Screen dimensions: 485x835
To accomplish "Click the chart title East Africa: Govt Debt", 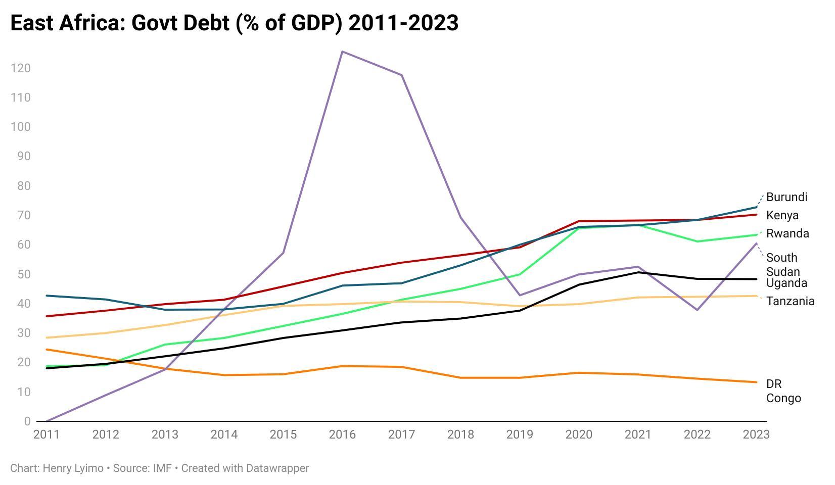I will (x=234, y=23).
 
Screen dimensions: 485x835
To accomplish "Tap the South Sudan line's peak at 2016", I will (x=342, y=52).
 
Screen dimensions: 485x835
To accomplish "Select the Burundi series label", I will (x=786, y=197).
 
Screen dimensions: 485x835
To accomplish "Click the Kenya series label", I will (x=782, y=215).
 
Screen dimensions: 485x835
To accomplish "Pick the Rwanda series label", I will (x=787, y=233).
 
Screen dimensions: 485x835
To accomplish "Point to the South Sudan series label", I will (x=782, y=264).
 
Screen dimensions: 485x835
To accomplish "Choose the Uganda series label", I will (x=786, y=283).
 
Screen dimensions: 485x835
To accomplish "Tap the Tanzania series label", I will (x=790, y=301).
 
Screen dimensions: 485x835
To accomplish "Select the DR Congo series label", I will (x=783, y=391).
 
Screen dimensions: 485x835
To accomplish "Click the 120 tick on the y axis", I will (x=20, y=68).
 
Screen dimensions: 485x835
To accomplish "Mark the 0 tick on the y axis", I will (x=27, y=421).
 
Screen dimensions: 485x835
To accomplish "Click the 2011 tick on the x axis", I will (x=47, y=434).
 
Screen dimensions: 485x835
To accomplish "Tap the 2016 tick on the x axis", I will (x=342, y=434).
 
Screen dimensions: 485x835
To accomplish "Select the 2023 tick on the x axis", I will (x=756, y=434).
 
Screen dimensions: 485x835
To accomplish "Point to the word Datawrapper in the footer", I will (x=277, y=468).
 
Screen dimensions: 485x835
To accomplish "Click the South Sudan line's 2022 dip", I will (x=697, y=310).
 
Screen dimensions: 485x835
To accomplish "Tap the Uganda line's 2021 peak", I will (x=638, y=272).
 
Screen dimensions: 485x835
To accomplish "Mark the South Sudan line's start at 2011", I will (x=47, y=421).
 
